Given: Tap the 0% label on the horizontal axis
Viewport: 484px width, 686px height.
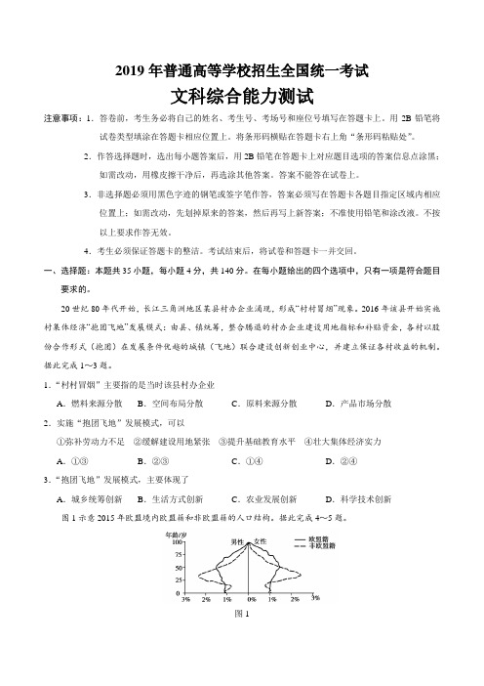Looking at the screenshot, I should pos(250,601).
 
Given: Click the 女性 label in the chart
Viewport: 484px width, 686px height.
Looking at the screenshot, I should pos(261,542).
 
